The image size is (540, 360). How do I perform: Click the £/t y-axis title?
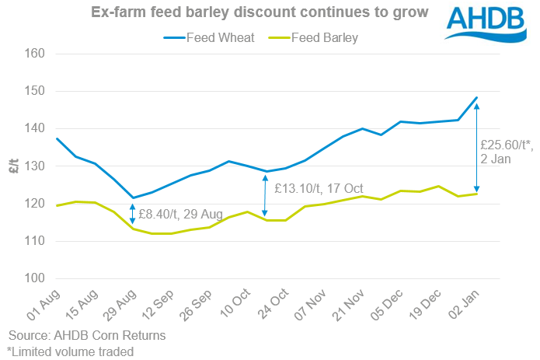click(x=14, y=166)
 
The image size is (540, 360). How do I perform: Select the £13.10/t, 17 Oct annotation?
click(x=319, y=187)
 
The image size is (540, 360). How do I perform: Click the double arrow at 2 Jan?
click(x=476, y=148)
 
